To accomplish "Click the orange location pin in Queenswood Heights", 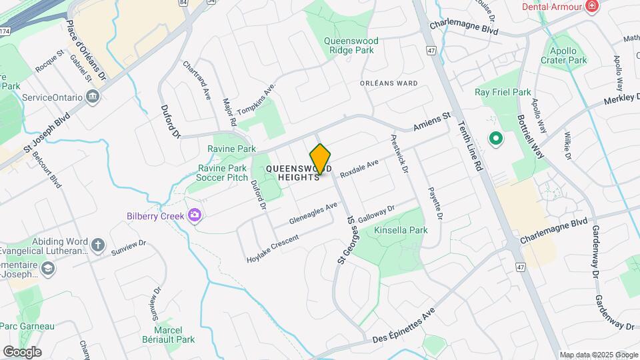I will (x=321, y=159).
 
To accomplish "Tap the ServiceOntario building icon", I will (x=93, y=97).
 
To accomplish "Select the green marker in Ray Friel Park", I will (x=495, y=139).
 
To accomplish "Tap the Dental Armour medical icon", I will (x=591, y=7).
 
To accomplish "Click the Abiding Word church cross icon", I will (x=98, y=244).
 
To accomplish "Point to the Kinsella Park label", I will (x=400, y=230).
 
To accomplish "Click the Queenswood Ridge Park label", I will (x=351, y=45).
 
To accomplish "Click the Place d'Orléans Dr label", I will (x=87, y=50).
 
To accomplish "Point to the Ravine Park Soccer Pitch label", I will (x=223, y=173).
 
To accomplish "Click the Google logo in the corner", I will (x=22, y=352).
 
